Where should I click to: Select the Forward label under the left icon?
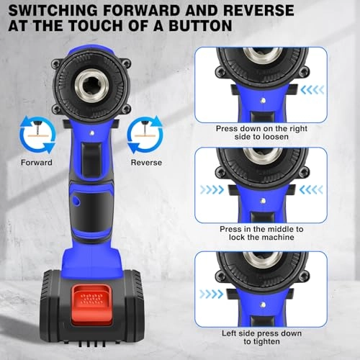coord(37,163)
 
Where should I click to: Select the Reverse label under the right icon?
coord(145,163)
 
